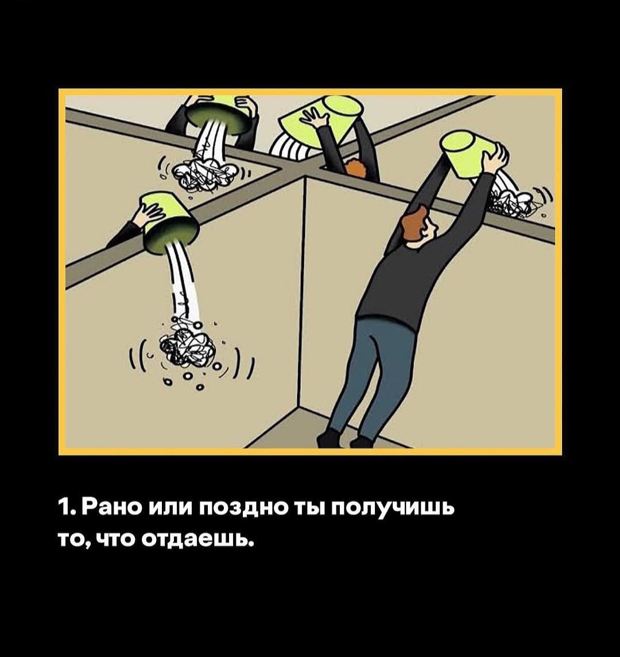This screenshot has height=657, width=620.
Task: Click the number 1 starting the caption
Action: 66,508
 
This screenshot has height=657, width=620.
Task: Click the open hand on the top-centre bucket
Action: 314,117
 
